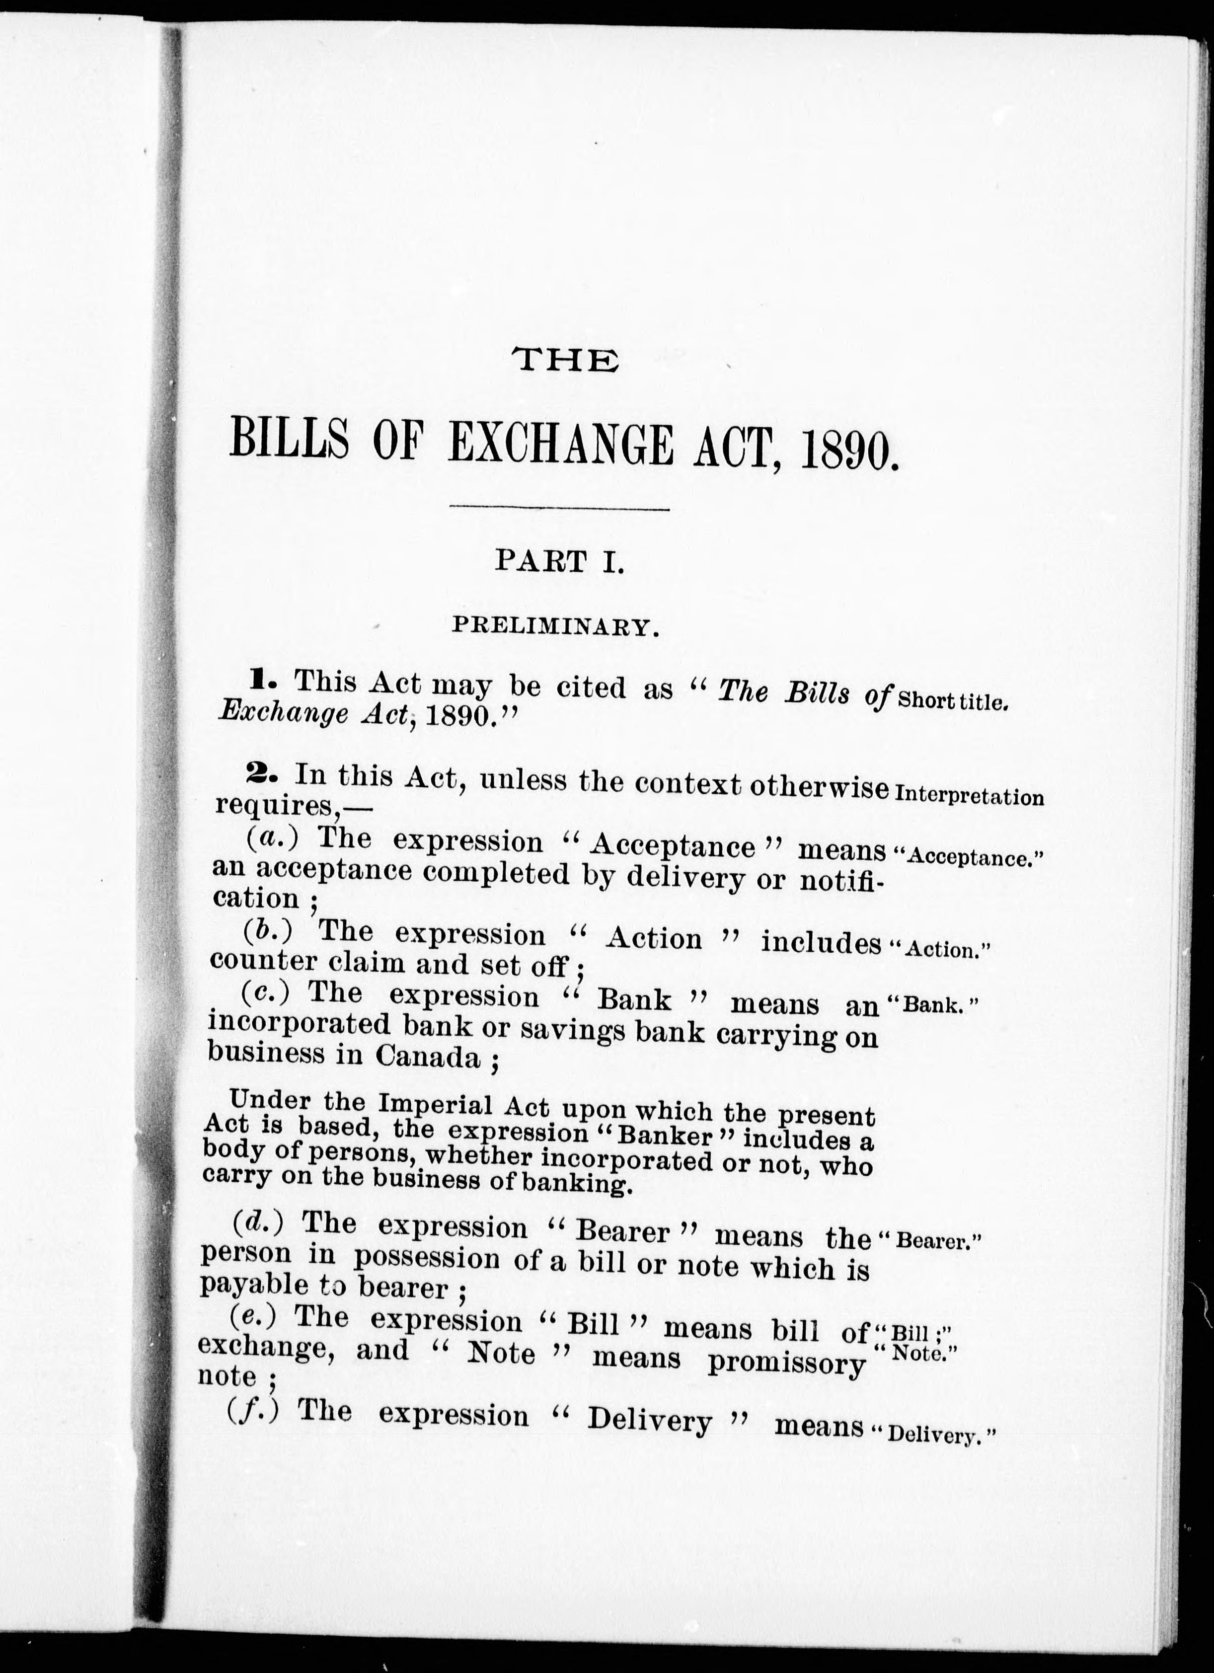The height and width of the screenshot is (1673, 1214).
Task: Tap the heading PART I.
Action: [560, 562]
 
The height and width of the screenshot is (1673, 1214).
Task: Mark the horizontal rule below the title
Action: [559, 508]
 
